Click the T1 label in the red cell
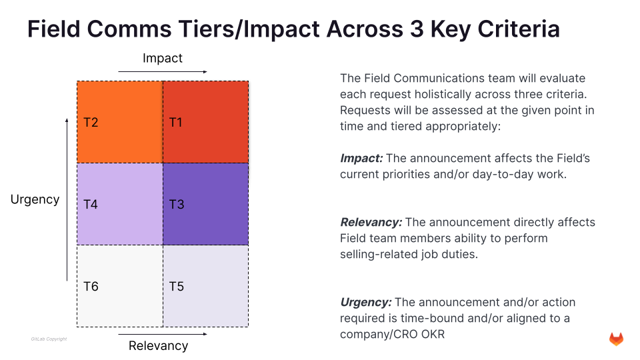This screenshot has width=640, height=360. click(176, 123)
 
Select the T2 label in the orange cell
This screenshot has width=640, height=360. click(91, 123)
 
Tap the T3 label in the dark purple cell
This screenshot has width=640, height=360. click(176, 205)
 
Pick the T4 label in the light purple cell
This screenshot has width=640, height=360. click(91, 205)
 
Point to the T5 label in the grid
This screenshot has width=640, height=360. click(176, 287)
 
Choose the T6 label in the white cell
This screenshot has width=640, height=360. click(91, 287)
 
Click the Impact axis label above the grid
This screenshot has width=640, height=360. click(162, 59)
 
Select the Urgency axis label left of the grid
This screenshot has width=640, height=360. click(35, 199)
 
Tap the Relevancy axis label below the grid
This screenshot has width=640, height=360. click(158, 345)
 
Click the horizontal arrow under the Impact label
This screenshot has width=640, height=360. click(162, 71)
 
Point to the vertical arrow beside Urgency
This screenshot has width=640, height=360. click(67, 199)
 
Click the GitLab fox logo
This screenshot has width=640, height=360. click(616, 339)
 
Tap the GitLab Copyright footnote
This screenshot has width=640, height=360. click(49, 339)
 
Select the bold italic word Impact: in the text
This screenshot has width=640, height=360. click(361, 159)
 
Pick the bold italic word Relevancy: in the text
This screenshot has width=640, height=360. click(371, 222)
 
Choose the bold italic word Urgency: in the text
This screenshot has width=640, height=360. click(365, 302)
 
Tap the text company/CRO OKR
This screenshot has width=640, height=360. click(392, 334)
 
